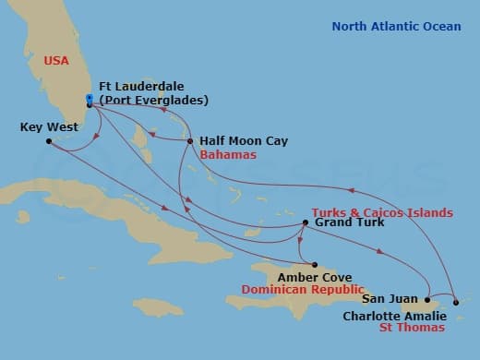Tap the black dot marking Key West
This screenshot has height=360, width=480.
tap(49, 141)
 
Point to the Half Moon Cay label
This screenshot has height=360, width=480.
tap(244, 141)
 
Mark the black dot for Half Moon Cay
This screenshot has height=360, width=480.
tap(190, 141)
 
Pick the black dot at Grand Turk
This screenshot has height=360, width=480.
tap(306, 222)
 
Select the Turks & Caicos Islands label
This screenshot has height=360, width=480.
tap(381, 210)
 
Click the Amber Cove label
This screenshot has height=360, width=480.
tap(304, 276)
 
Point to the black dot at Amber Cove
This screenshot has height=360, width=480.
tap(314, 264)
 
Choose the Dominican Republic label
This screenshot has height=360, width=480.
tap(300, 289)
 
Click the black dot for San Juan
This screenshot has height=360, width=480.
tap(427, 299)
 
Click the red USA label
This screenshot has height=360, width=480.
tap(56, 61)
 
